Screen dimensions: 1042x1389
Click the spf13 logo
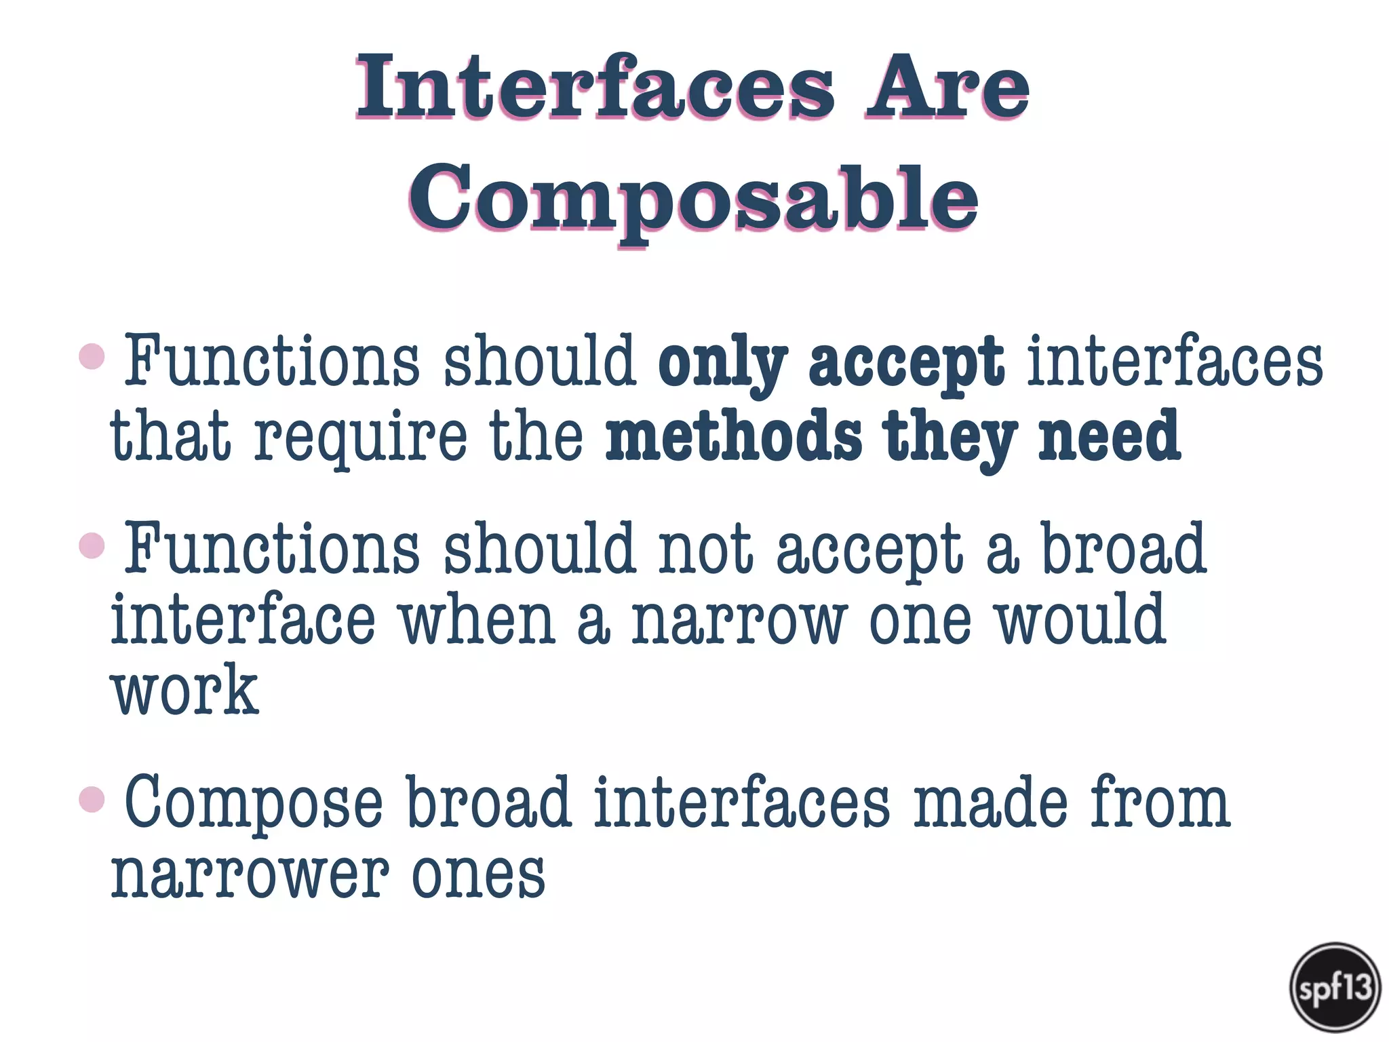1335,987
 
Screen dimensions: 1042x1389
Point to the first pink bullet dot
92,356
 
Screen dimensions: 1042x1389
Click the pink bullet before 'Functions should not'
92,545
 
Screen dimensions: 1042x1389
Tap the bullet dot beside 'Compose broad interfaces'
92,798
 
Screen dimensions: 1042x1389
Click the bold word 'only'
722,363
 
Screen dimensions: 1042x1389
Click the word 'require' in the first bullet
361,438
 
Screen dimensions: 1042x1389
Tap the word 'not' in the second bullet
706,549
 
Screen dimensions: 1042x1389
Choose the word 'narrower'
250,875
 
